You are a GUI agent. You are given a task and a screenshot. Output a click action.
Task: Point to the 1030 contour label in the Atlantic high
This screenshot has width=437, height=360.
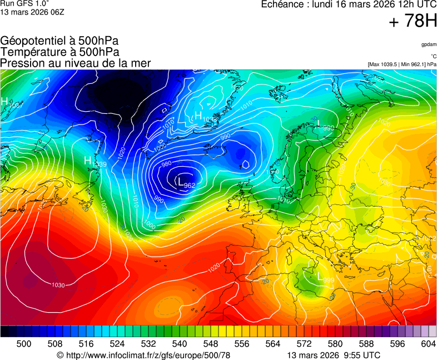click(x=58, y=285)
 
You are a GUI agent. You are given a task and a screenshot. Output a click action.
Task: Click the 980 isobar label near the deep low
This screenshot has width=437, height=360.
click(x=166, y=164)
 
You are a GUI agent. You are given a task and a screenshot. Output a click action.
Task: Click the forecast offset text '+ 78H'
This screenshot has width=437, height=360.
click(x=413, y=22)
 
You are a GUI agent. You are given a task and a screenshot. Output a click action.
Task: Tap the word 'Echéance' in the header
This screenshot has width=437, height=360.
click(x=282, y=4)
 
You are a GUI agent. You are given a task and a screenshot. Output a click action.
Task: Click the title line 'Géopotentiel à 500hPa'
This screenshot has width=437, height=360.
click(x=59, y=41)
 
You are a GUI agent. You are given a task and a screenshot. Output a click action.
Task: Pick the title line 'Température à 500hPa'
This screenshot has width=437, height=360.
click(x=59, y=52)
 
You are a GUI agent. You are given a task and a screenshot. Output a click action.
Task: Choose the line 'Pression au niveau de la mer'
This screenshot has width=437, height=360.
click(x=76, y=63)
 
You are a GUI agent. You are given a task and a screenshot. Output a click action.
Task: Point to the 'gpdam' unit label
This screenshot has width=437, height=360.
click(x=429, y=44)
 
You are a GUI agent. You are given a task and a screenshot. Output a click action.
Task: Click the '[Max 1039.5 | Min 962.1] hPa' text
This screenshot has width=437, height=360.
click(x=402, y=64)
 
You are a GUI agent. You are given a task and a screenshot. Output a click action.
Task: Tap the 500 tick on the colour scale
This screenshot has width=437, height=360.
click(x=24, y=344)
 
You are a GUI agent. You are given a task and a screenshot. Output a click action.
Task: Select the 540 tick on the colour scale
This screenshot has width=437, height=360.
click(x=180, y=344)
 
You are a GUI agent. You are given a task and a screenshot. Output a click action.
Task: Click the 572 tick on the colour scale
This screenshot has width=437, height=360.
click(x=304, y=344)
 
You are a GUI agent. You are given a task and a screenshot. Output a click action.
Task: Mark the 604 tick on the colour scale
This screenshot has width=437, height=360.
click(x=428, y=344)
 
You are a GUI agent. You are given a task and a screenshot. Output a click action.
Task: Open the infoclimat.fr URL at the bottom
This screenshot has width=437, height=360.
click(x=143, y=355)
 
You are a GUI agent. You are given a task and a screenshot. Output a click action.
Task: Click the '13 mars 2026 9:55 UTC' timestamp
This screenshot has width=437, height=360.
click(x=334, y=355)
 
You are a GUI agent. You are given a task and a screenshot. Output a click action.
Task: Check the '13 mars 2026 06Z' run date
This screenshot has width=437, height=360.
click(x=32, y=12)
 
